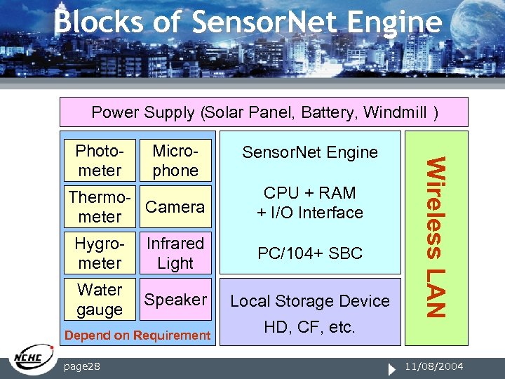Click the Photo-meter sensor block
[x=100, y=161]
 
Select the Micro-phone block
[x=175, y=161]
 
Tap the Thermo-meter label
[x=100, y=207]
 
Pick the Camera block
[x=175, y=207]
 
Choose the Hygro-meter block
[x=100, y=253]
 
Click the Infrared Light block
[x=175, y=253]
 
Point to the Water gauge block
[x=100, y=300]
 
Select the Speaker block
[x=175, y=300]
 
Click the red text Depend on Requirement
[x=137, y=335]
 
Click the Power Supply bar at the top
[x=264, y=112]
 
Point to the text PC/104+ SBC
[x=310, y=253]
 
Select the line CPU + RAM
[x=310, y=193]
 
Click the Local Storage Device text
[x=310, y=301]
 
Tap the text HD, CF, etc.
[x=310, y=327]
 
